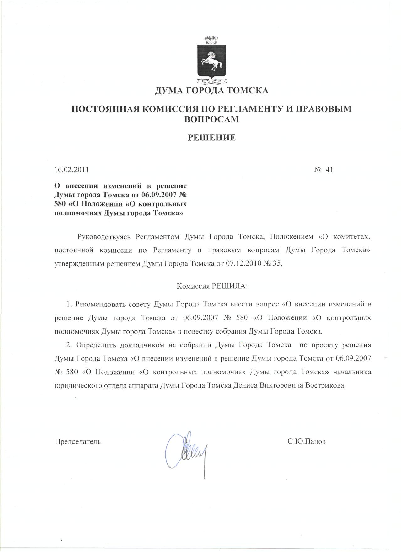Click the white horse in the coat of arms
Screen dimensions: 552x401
click(x=211, y=62)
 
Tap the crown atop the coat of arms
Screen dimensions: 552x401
click(x=209, y=41)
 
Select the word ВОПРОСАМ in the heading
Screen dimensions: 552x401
click(x=211, y=119)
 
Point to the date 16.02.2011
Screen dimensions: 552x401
click(x=72, y=170)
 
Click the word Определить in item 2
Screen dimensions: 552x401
click(x=93, y=345)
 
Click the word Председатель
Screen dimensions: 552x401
click(x=78, y=441)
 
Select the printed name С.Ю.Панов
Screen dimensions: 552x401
click(x=307, y=441)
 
